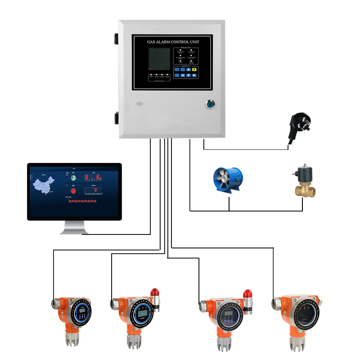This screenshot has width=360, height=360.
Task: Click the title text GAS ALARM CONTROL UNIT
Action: [x=173, y=42]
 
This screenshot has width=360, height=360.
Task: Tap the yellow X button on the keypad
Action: [x=194, y=70]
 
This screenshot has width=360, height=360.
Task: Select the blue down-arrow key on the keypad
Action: [x=189, y=75]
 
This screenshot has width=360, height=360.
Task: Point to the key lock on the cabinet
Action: [x=210, y=104]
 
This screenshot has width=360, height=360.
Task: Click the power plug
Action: [x=300, y=124]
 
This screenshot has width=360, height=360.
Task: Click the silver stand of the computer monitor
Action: [x=75, y=227]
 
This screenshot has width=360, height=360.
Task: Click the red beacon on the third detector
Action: [x=247, y=294]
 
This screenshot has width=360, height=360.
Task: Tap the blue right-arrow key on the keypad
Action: [x=194, y=75]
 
